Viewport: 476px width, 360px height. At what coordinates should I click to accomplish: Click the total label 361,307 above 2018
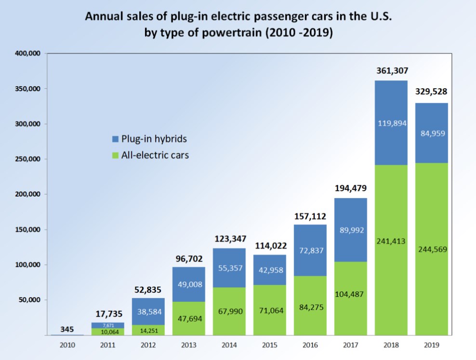click(391, 71)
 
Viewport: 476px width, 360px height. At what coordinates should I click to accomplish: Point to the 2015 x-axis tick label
click(269, 346)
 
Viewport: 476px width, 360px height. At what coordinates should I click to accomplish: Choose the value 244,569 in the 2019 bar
click(432, 250)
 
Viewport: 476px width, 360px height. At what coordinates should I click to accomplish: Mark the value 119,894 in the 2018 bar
click(391, 123)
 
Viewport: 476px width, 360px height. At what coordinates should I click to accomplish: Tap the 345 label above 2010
click(67, 330)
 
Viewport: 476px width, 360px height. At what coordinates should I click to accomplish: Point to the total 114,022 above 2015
click(269, 244)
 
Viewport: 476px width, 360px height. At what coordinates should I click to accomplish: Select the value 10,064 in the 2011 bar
click(107, 332)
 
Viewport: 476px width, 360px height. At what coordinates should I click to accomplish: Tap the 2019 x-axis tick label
click(432, 346)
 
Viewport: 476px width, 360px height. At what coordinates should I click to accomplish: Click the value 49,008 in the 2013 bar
click(188, 284)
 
